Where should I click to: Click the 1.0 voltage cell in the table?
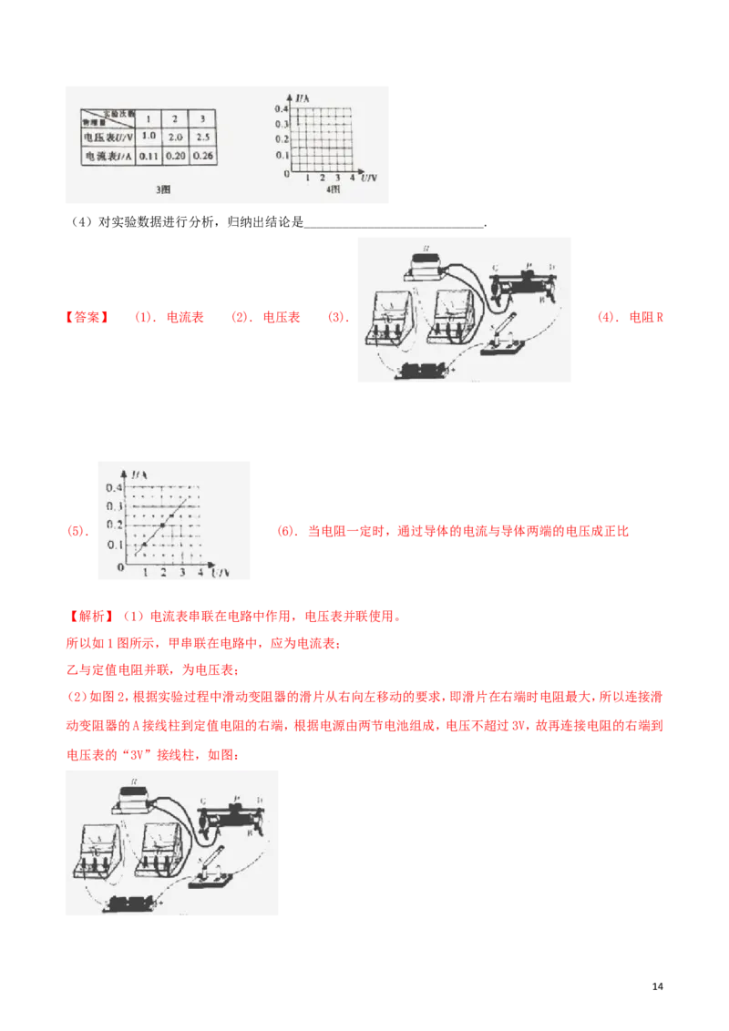(x=150, y=136)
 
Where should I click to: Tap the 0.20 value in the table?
(x=178, y=157)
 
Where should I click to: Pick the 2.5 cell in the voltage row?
(x=205, y=136)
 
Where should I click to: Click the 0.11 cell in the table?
(x=150, y=157)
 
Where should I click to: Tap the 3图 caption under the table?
(x=163, y=190)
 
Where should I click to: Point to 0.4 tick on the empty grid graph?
(x=281, y=108)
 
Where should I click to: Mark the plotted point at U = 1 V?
(x=145, y=545)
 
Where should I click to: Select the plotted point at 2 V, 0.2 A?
(x=163, y=526)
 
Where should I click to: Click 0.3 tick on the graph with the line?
(x=115, y=506)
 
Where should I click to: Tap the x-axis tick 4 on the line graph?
(x=200, y=573)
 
